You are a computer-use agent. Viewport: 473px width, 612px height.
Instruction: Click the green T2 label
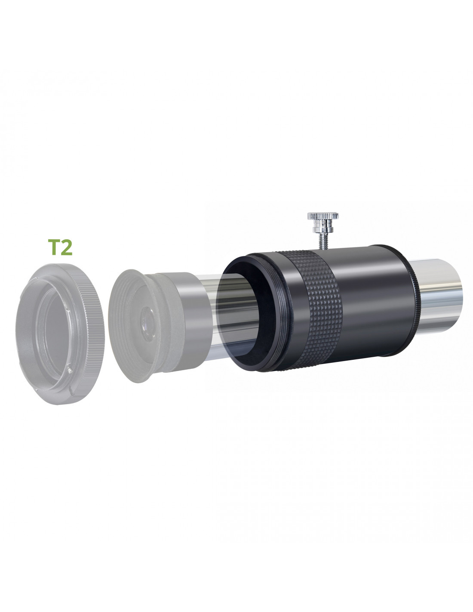point(60,247)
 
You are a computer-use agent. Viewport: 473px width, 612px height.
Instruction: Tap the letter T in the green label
point(53,247)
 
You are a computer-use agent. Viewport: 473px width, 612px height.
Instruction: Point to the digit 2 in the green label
point(67,247)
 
